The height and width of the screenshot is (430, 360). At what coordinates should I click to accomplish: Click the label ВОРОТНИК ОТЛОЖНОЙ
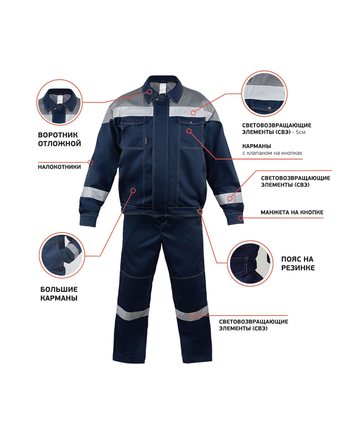point(60,139)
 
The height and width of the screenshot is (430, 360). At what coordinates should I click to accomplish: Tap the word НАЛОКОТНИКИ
point(59,167)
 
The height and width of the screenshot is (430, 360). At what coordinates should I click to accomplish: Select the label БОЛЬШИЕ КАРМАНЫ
point(59,294)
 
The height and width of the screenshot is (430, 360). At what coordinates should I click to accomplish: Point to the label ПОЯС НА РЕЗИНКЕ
point(298,263)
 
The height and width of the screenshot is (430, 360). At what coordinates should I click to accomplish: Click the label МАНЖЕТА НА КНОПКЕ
point(292,212)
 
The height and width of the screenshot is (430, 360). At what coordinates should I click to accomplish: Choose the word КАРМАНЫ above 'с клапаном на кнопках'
point(257,146)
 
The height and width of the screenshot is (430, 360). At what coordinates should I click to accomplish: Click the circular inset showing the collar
point(60,102)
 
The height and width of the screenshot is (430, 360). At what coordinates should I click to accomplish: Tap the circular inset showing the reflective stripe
point(264,93)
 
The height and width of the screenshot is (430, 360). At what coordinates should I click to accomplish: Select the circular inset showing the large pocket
point(62,255)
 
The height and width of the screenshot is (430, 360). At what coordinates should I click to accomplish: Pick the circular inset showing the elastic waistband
point(251,264)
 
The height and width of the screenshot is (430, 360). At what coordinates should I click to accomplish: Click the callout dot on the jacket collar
point(150,91)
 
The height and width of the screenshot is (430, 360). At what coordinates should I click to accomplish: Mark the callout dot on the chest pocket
point(189,131)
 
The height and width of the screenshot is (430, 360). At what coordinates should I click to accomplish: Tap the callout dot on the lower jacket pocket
point(133,190)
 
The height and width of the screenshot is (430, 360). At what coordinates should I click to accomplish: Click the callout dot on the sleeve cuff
point(240,218)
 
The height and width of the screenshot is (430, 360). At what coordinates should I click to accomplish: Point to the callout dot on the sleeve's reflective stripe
point(230,199)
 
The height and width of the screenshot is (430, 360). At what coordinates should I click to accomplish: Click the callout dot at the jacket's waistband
point(200,211)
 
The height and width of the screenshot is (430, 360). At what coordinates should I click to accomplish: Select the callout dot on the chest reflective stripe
point(193,113)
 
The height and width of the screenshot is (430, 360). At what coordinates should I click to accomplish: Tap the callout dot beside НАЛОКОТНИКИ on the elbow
point(90,162)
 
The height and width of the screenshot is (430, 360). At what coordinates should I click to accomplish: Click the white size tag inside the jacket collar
point(162,88)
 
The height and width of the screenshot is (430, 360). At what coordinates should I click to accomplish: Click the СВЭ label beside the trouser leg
point(253,325)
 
